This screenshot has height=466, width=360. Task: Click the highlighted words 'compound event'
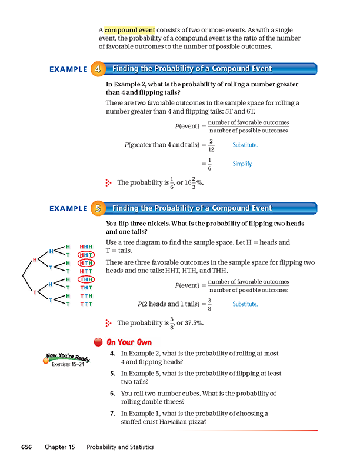tap(129, 29)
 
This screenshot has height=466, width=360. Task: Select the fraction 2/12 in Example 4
tap(211, 145)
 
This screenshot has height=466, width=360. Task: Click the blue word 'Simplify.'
tap(242, 164)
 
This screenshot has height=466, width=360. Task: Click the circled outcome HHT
tap(86, 254)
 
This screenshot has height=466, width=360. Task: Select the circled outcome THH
tap(86, 279)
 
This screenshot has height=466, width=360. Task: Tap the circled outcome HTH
tap(86, 262)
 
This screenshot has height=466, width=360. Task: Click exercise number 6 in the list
tap(112, 393)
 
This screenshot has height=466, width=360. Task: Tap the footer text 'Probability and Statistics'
tap(120, 447)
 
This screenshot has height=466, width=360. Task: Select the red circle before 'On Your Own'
tap(98, 342)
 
